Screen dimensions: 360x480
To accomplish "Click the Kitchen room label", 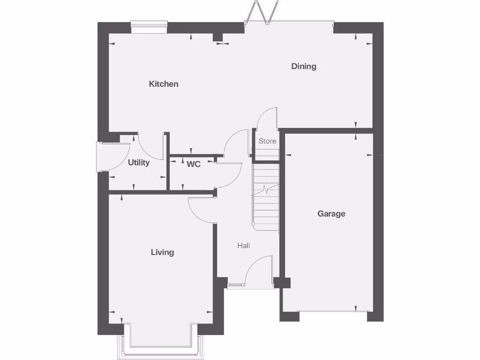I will click(x=164, y=84).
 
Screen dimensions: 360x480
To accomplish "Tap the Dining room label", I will click(x=304, y=66).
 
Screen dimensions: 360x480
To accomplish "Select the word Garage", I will click(x=331, y=214).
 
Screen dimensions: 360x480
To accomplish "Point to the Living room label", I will click(x=162, y=252).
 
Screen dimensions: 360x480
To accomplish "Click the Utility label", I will click(x=139, y=163).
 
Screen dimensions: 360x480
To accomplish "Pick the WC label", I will click(x=194, y=164).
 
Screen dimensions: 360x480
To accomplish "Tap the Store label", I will click(x=267, y=141).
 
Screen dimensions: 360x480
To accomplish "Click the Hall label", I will click(x=243, y=246).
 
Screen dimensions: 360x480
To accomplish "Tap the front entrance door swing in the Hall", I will click(x=259, y=270).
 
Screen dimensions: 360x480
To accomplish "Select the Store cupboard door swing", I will click(x=266, y=118).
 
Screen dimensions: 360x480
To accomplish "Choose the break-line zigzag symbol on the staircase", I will click(x=265, y=190).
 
